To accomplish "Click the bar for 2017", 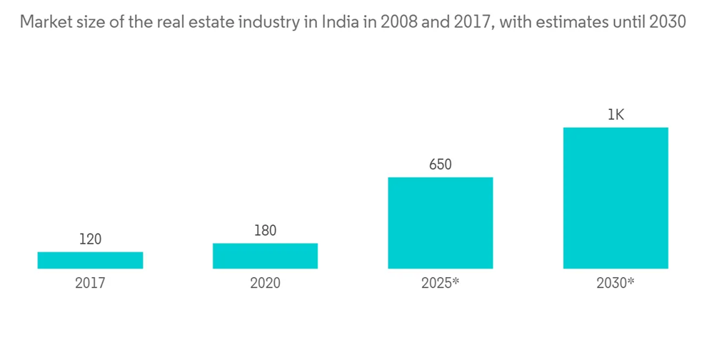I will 90,260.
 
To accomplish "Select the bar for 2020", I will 265,256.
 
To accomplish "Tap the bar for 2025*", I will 440,223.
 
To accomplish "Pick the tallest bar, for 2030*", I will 615,198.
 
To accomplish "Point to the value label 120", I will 90,239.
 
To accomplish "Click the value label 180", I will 265,231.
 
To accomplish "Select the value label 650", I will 440,165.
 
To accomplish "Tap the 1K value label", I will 615,115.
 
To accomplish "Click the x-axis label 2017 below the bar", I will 90,283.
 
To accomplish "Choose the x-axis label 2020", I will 265,283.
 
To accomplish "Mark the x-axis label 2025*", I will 440,283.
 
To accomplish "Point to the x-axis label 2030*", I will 615,283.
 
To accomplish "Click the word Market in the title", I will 42,22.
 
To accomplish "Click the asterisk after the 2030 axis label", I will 630,281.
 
